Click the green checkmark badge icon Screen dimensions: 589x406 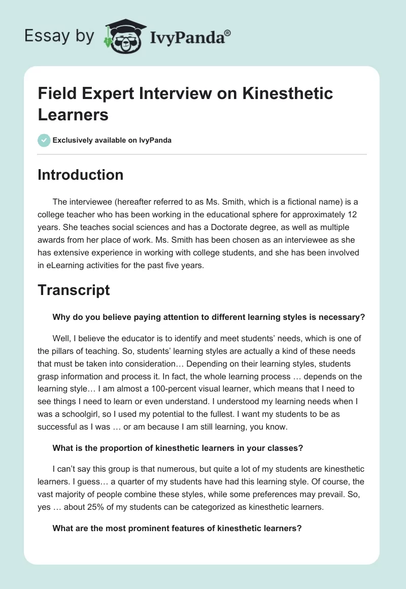[x=44, y=140]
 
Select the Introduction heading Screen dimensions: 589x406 [x=80, y=175]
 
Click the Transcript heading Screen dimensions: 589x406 [x=74, y=290]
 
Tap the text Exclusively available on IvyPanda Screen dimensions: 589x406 [x=112, y=140]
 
